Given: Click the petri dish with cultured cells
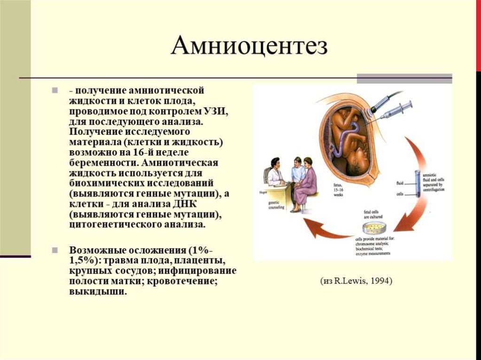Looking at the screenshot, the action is tap(374, 229).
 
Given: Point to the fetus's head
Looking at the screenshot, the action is tap(358, 162).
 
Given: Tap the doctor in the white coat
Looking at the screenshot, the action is tap(275, 174).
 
